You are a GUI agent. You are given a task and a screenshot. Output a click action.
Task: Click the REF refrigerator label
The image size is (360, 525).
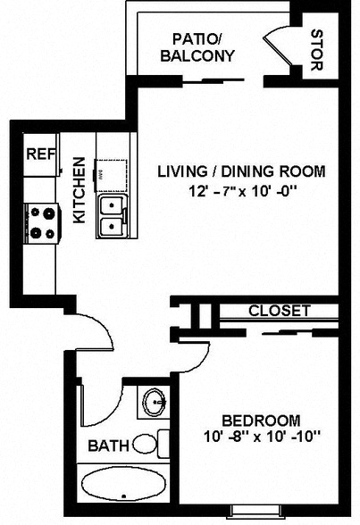coord(40,154)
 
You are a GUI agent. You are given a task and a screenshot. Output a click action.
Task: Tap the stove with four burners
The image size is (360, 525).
coord(43,223)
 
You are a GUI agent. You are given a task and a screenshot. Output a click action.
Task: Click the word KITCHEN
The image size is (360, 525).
coord(80,191)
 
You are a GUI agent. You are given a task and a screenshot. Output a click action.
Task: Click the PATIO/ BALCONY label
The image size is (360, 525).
coord(198,46)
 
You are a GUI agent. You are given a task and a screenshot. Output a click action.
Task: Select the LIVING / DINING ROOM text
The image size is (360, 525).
coord(241,171)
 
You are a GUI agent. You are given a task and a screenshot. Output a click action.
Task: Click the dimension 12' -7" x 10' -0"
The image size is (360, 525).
coord(241,190)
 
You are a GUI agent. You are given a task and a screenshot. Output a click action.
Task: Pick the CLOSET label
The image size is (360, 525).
coord(279,312)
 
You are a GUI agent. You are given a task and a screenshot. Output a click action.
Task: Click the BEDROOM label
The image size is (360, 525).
coord(261,420)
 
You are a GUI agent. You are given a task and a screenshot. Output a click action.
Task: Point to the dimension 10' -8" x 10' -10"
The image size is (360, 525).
coord(261,437)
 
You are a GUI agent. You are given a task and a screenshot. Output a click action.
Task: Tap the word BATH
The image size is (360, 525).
coord(107,444)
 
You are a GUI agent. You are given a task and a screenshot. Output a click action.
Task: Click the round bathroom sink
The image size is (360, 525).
coord(155,403)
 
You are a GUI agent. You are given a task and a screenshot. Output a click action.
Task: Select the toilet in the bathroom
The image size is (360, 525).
coord(149,443)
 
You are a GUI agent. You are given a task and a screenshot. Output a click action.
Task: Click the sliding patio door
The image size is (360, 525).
coord(227,80)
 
